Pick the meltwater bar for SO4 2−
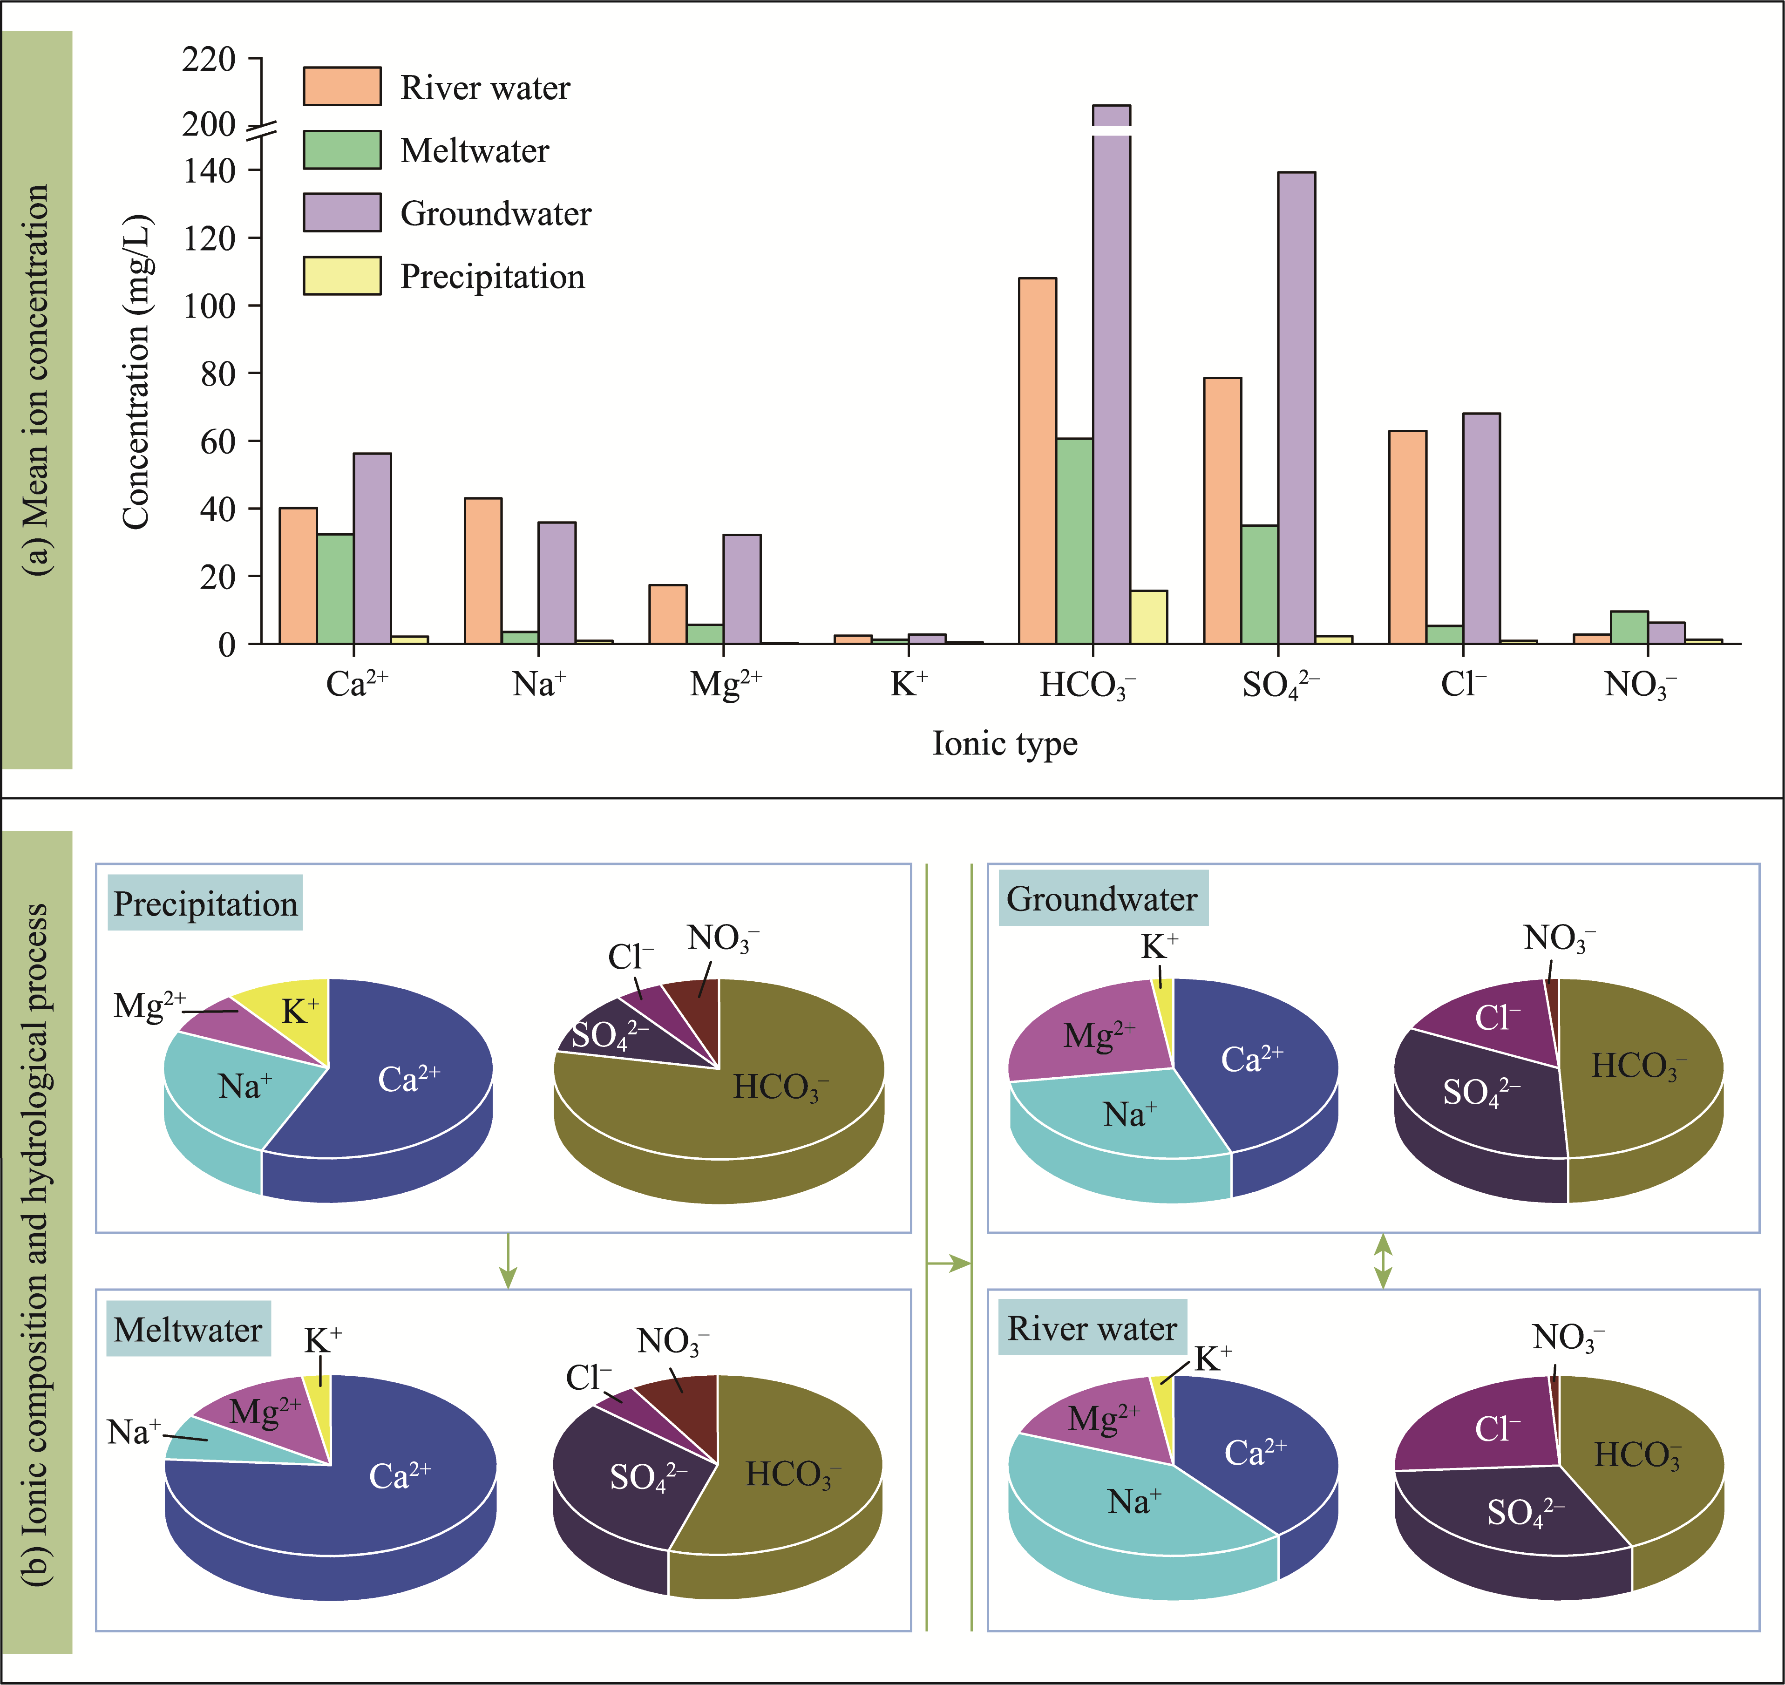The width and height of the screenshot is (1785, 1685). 1260,584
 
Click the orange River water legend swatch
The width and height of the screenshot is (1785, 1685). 342,86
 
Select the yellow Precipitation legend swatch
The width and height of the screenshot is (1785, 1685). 342,276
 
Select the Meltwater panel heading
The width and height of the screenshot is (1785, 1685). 188,1329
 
